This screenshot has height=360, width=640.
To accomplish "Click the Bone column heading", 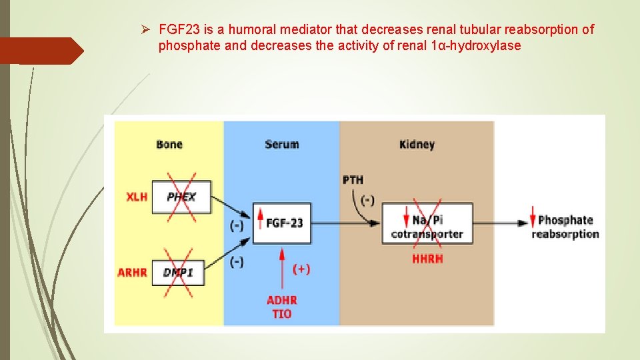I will tap(169, 145).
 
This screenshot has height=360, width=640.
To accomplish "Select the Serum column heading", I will tap(281, 145).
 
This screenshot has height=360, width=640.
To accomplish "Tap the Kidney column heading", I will tap(417, 145).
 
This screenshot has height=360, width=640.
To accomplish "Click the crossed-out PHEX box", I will tap(181, 197).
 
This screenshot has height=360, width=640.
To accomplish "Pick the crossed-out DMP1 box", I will tap(178, 272).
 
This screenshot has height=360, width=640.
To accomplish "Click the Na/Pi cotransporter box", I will tap(427, 226).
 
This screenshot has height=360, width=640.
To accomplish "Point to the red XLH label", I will tap(137, 197).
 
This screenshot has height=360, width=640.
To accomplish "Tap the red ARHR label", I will tap(132, 273).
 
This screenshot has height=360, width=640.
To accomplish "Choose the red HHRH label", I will tap(427, 259).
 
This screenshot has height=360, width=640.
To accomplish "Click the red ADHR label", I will tap(282, 300).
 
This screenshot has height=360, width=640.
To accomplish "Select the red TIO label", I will tap(282, 314).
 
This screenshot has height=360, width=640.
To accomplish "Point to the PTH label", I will tap(353, 180).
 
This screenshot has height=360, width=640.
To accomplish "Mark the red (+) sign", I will tap(301, 269).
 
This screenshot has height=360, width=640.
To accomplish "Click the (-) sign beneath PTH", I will tap(368, 200).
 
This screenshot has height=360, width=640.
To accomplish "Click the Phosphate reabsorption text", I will tap(565, 227).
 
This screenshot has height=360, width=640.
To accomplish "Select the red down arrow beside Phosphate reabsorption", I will tap(533, 220).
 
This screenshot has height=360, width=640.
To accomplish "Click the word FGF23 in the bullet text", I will tap(177, 30).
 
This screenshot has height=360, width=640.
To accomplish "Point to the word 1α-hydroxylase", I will tap(477, 46).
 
